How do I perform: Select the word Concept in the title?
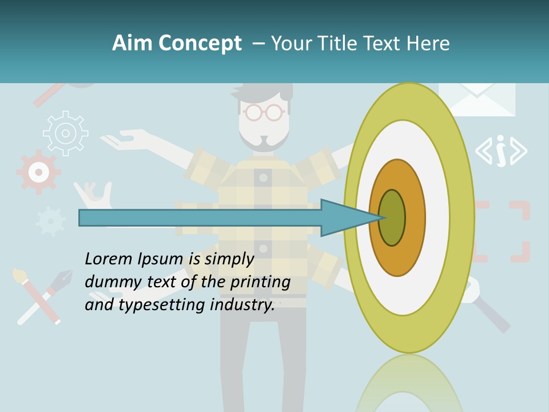(x=200, y=43)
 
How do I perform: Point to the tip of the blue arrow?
(x=382, y=217)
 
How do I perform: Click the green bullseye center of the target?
(x=392, y=217)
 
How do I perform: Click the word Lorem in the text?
(x=109, y=259)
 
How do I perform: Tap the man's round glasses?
(x=263, y=112)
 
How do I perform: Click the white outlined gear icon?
(x=66, y=133)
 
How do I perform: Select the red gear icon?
(x=38, y=171)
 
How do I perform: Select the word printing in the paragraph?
(x=260, y=282)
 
